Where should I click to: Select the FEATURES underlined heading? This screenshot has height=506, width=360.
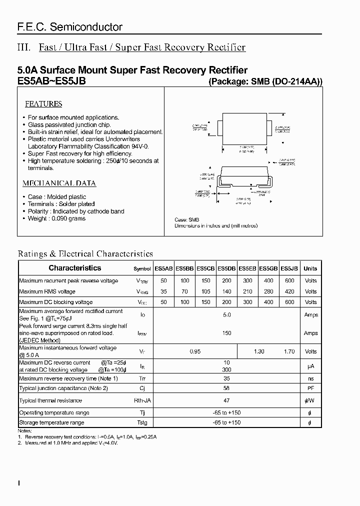tap(43, 104)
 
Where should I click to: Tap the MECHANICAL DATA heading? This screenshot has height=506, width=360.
tap(59, 183)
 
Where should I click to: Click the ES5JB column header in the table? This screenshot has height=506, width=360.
tap(289, 268)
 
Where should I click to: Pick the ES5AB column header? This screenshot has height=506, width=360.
tap(163, 268)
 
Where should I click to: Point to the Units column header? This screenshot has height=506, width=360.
tap(310, 268)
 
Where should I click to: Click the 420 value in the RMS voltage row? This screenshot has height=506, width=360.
tap(289, 291)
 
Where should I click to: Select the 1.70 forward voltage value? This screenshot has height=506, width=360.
tap(289, 351)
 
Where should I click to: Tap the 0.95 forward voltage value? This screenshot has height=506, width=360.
tap(195, 351)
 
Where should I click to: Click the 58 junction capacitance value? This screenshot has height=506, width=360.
tap(226, 388)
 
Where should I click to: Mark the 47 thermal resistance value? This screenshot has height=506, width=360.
tap(226, 400)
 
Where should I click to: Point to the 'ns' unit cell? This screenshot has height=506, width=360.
tap(310, 378)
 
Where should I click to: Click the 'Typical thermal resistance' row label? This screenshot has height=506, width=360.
tap(50, 400)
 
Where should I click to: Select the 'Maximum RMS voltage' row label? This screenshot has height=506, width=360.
tap(47, 291)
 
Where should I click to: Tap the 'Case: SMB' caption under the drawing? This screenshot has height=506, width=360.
tap(187, 220)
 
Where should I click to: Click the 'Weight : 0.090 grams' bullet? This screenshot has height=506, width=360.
tap(56, 218)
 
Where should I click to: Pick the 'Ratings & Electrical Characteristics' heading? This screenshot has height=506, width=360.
tap(85, 254)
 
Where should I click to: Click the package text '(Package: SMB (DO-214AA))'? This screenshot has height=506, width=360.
tap(265, 82)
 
